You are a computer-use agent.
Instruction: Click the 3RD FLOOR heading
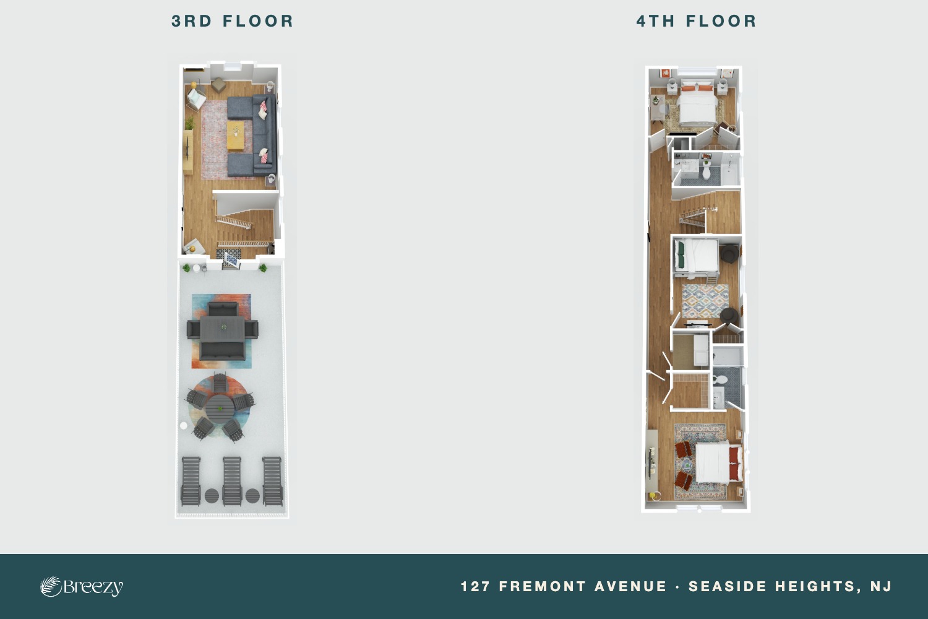pos(233,21)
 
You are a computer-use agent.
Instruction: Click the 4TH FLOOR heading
pos(697,21)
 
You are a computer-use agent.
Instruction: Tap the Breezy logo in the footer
pos(82,586)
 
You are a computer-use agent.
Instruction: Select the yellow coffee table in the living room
pos(235,136)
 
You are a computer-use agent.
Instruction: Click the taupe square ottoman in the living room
pos(218,85)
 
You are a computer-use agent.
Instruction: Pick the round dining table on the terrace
pos(220,409)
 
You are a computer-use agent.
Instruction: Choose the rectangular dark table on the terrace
pos(223,329)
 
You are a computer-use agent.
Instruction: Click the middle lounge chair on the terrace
pos(232,481)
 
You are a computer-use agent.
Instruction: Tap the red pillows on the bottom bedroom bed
pos(734,463)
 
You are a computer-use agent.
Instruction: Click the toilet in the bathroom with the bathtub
pos(706,171)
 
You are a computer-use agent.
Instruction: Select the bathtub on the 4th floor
pos(730,170)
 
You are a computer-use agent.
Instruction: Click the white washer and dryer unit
pos(701,350)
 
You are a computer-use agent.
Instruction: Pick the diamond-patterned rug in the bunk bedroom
pos(705,301)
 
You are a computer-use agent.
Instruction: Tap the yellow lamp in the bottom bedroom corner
pos(653,496)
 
